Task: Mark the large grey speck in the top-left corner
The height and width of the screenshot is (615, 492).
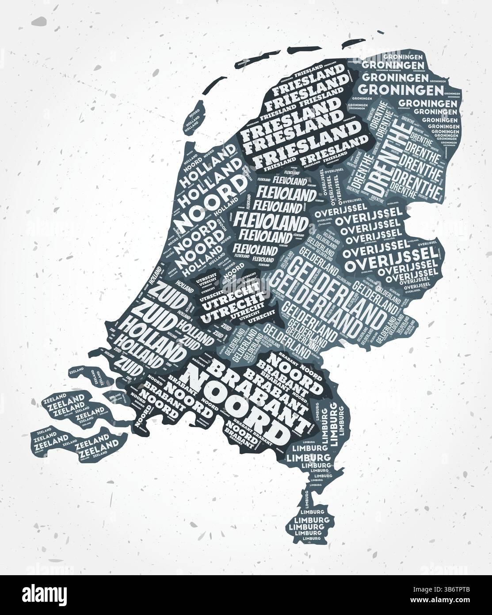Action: tap(39, 21)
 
